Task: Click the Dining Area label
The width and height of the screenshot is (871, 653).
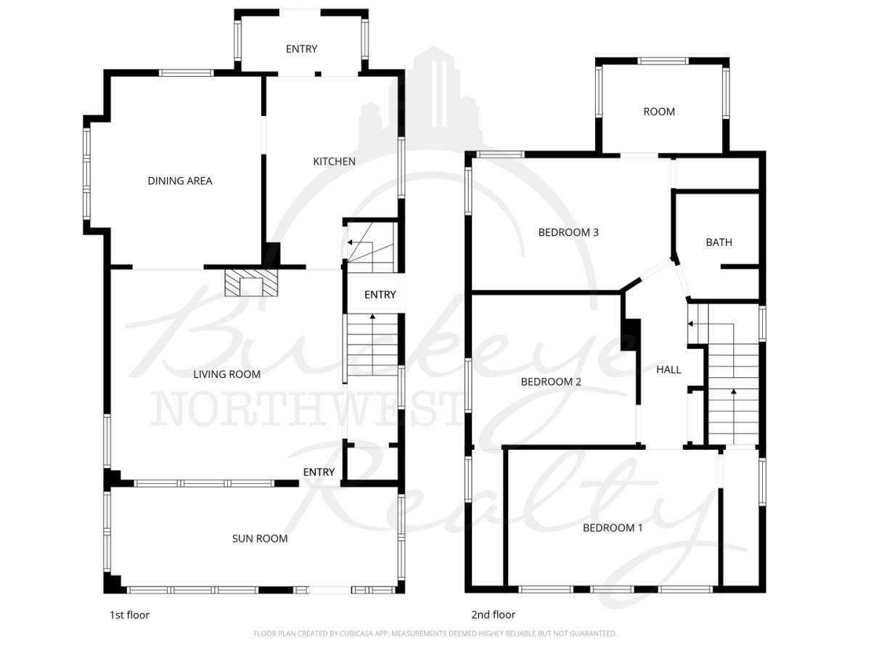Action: tap(180, 181)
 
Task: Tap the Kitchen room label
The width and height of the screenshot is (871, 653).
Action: tap(334, 161)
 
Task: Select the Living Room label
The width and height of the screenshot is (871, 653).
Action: tap(227, 374)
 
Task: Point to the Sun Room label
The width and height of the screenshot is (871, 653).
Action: tap(260, 538)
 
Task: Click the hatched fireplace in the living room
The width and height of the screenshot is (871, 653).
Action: tap(251, 283)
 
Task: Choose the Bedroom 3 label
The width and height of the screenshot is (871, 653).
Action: tap(568, 232)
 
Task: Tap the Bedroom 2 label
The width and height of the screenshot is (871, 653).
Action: tap(551, 382)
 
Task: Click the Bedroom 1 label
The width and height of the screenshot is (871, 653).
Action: tap(613, 527)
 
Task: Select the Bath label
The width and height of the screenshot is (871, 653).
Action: tap(719, 242)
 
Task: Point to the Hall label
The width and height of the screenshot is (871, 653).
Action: tap(668, 369)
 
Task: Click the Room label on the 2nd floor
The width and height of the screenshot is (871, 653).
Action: tap(659, 112)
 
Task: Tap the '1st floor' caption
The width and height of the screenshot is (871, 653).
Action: tap(129, 615)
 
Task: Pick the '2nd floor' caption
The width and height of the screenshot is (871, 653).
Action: tap(494, 615)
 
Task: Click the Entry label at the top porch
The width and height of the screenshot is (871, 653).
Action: tap(301, 49)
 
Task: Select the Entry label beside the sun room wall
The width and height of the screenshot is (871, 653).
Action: tap(319, 472)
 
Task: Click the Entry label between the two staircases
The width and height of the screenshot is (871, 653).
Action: tap(380, 295)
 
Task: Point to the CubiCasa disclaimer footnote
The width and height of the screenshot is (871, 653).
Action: tap(435, 633)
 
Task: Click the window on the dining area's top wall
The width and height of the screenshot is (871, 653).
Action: tap(186, 73)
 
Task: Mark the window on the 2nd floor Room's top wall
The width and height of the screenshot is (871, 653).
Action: tap(663, 61)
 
